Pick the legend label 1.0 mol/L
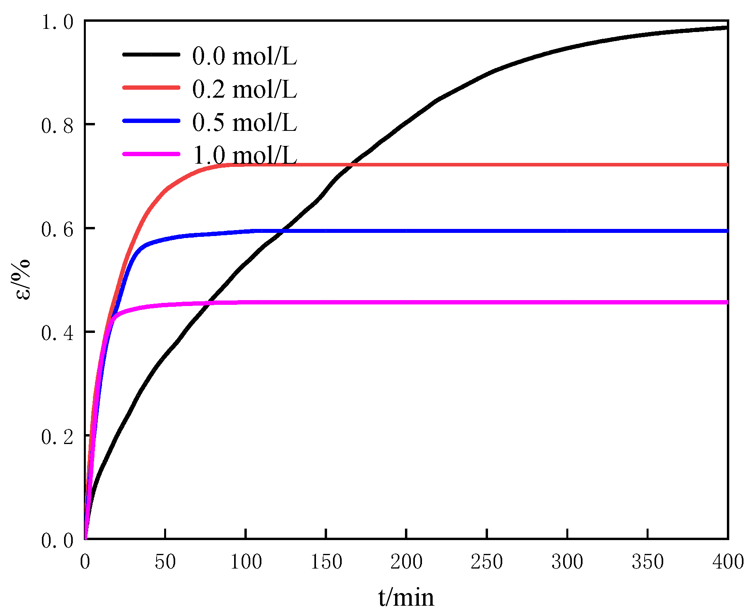[244, 155]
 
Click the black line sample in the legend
[151, 55]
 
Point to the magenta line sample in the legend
[151, 154]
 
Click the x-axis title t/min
[406, 597]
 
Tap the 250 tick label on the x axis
[486, 562]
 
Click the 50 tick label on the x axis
[165, 562]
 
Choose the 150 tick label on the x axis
[326, 562]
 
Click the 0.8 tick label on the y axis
[58, 126]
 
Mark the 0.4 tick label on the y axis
[58, 333]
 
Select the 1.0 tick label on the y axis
[58, 22]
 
